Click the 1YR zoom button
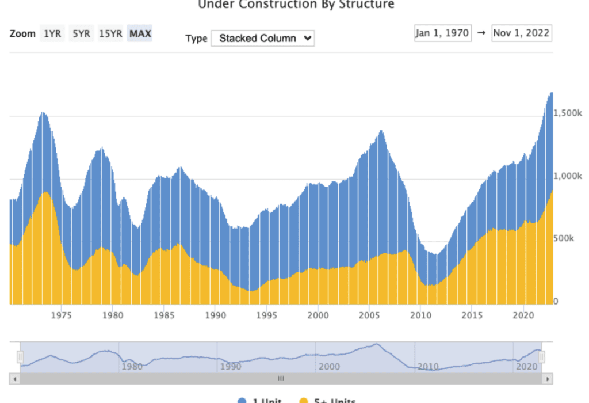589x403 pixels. click(x=52, y=34)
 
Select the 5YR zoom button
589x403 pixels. click(x=81, y=34)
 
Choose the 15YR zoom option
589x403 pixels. click(x=110, y=34)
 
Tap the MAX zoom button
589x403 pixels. click(x=140, y=34)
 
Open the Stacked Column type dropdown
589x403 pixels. click(x=263, y=39)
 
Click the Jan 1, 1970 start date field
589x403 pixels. click(x=443, y=33)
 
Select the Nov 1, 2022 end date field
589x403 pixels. click(x=521, y=33)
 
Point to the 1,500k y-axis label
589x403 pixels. click(x=567, y=113)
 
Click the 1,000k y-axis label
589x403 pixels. click(x=567, y=176)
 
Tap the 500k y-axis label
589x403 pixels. click(x=564, y=238)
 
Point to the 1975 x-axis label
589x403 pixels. click(x=61, y=315)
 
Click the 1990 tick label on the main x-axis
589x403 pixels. click(x=215, y=315)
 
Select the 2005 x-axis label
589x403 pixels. click(x=369, y=315)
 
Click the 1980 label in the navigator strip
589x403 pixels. click(x=132, y=366)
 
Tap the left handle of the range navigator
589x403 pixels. click(x=20, y=358)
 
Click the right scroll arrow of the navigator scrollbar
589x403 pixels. click(x=548, y=379)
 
